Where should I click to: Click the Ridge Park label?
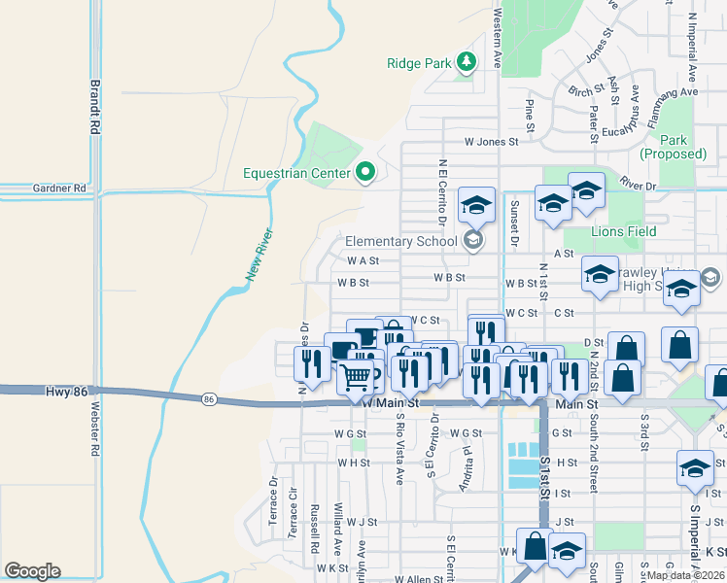419,63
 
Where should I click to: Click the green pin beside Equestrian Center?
365,173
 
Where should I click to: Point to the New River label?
257,256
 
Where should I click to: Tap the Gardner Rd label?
59,188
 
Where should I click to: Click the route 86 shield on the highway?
209,398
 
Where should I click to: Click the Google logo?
32,571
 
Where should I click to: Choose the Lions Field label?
623,231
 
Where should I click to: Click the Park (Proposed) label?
674,147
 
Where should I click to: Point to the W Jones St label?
491,141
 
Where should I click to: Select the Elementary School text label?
400,241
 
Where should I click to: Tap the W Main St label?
390,402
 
